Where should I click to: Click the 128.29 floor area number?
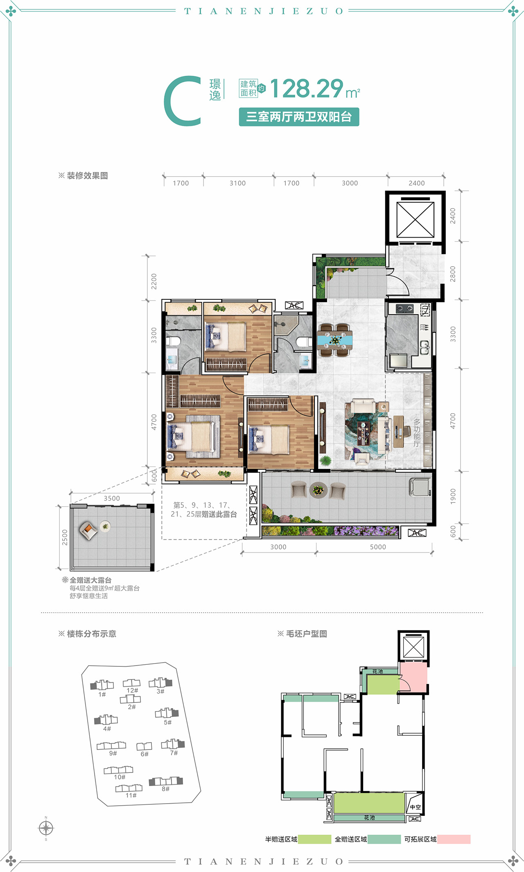[x=306, y=88]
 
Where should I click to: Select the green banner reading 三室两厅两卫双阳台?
[x=299, y=117]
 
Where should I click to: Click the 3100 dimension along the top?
[x=237, y=183]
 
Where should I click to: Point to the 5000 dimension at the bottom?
[x=378, y=547]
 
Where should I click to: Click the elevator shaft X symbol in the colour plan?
[x=415, y=220]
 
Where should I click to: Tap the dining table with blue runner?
[x=335, y=340]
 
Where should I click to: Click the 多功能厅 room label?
[x=417, y=433]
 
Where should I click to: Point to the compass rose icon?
[x=46, y=828]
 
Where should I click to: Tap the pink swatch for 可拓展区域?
[x=454, y=839]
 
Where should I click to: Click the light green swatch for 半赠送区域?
[x=314, y=839]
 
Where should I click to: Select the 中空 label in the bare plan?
[x=415, y=807]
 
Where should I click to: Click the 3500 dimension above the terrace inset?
[x=112, y=498]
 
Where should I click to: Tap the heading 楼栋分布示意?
[x=91, y=634]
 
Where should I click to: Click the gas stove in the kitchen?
[x=404, y=308]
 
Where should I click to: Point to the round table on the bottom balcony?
[x=318, y=489]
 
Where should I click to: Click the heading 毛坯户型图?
[x=306, y=634]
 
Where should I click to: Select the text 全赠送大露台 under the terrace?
[x=90, y=580]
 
